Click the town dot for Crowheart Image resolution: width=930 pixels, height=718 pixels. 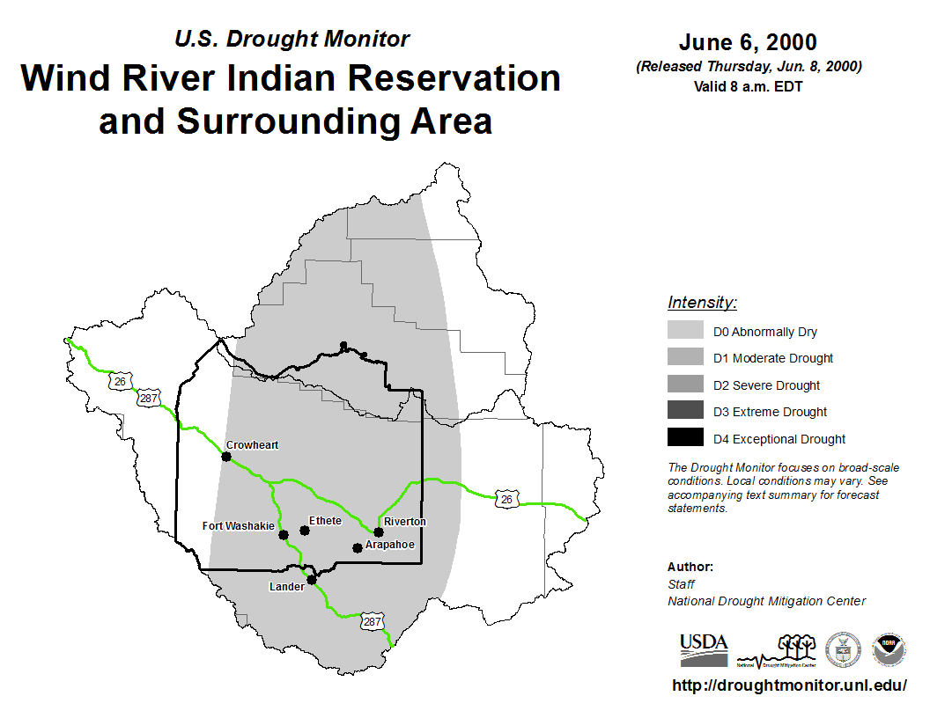tap(226, 456)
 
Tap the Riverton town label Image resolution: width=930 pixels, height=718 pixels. tap(404, 521)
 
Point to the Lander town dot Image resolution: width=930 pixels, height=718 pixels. tap(312, 579)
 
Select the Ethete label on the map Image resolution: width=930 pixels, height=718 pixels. tap(325, 520)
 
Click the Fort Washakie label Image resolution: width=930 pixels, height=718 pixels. tap(238, 525)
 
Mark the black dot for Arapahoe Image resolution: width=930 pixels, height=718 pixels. tap(357, 548)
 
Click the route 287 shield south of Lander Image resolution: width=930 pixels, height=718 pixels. tap(373, 621)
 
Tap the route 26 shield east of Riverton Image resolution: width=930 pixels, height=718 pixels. tap(506, 500)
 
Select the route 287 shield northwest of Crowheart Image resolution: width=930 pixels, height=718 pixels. tap(148, 398)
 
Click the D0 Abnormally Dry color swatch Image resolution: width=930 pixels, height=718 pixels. tap(685, 329)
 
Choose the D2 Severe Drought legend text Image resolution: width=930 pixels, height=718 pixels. tap(766, 385)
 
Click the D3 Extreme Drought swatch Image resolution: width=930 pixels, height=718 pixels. tap(685, 410)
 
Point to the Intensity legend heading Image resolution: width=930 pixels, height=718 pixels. tap(702, 302)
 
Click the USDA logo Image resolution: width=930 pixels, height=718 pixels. tap(704, 650)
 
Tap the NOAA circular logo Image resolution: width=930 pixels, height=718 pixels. tap(889, 649)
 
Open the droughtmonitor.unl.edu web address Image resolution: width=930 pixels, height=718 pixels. tap(789, 685)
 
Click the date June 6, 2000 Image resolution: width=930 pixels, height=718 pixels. tap(748, 42)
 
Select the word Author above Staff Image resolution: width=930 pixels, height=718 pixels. tap(690, 567)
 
